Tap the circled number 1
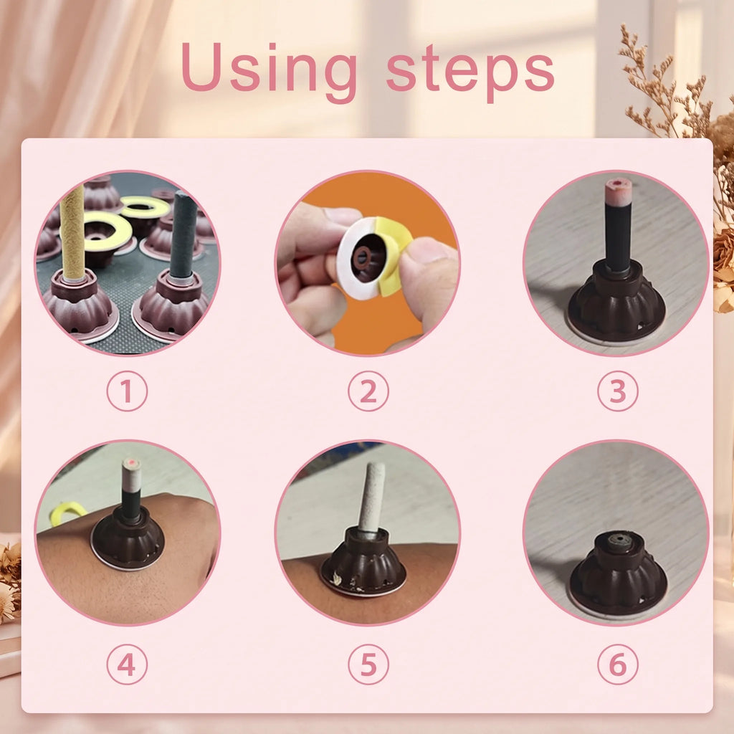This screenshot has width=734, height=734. tap(127, 391)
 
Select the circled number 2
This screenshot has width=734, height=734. tap(368, 391)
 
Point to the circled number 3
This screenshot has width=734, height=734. tap(617, 391)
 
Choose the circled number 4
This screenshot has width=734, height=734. tap(127, 664)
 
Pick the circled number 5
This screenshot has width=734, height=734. tap(368, 664)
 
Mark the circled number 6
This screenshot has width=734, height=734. tap(617, 664)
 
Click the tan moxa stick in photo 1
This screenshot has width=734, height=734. tap(72, 232)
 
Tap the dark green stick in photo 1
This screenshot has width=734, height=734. tap(183, 235)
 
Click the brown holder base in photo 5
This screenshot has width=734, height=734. tap(363, 562)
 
